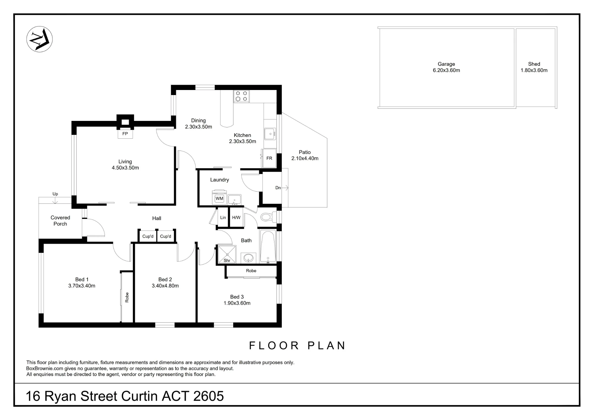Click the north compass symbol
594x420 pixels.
coord(40,39)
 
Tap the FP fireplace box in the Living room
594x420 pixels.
coord(125,134)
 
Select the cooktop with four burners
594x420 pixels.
coord(241,96)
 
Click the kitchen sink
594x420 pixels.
coord(270,134)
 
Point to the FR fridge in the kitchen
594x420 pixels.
coord(269,158)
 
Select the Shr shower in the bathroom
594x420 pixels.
coord(227,254)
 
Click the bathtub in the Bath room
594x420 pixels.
coord(268,247)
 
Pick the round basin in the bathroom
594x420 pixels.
coord(248,258)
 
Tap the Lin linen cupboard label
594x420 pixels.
coord(223,217)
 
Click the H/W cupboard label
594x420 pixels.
coord(236,217)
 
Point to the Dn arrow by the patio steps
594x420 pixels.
coord(285,188)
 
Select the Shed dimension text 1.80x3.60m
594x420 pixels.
coord(534,70)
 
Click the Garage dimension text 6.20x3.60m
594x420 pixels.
coord(446,70)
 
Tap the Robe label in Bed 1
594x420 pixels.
coord(127,297)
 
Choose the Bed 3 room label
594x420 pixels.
coord(237,297)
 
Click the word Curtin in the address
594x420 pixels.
coord(140,396)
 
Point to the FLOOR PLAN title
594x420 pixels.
coord(297,345)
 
